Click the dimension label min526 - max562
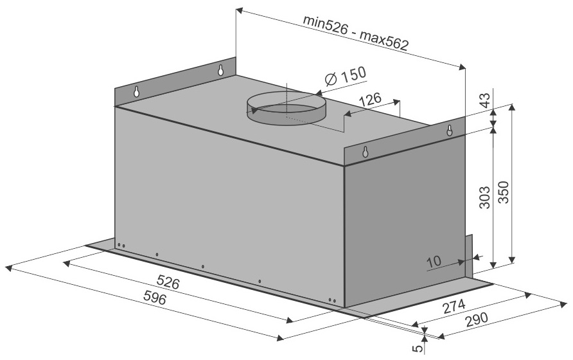click(x=355, y=33)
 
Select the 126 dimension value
click(x=369, y=100)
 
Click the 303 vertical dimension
click(x=484, y=197)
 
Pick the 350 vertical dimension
click(x=504, y=192)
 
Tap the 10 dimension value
click(x=434, y=262)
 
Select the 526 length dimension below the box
click(x=168, y=282)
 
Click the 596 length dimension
click(x=154, y=298)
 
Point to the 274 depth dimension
click(x=454, y=307)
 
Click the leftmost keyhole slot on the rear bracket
click(x=136, y=91)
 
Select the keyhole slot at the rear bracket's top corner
click(x=221, y=70)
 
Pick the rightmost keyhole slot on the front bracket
click(x=450, y=130)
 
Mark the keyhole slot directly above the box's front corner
click(x=365, y=152)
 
